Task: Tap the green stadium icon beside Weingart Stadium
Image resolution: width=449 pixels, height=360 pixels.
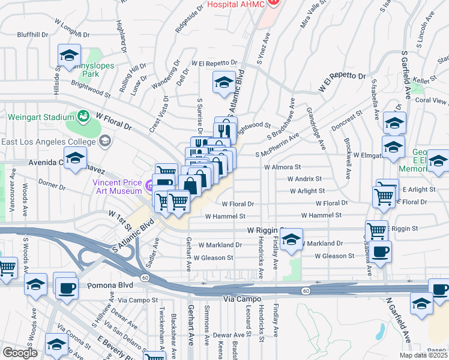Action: (x=83, y=115)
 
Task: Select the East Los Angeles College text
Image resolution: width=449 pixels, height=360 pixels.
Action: (x=48, y=142)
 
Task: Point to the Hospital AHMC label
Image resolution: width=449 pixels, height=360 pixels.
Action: (x=235, y=4)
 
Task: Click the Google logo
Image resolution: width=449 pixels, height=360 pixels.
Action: (x=20, y=353)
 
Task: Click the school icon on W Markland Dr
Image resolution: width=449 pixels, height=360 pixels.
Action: (x=291, y=239)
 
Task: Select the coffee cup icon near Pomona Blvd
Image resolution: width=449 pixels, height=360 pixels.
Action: (x=65, y=286)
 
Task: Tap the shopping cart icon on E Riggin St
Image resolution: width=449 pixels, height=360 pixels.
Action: (x=376, y=229)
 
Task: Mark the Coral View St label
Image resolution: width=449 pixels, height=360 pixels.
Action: (x=431, y=100)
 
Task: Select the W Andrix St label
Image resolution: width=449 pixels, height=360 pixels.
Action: (x=304, y=179)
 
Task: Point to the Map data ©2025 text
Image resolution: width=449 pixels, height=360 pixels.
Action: (x=423, y=355)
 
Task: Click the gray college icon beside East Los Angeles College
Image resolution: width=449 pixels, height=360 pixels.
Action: (x=105, y=141)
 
